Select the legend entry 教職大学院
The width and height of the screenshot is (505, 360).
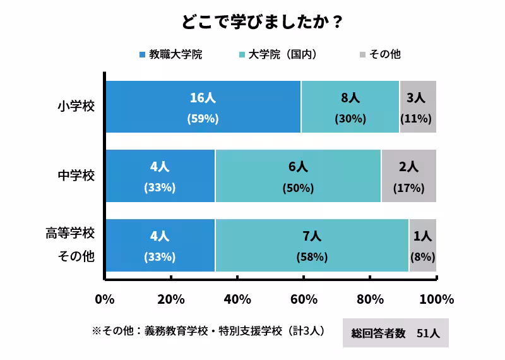[170, 54]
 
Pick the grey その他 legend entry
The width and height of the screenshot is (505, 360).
[379, 54]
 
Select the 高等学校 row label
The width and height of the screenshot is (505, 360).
[69, 234]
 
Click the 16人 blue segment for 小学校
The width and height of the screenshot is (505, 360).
[203, 106]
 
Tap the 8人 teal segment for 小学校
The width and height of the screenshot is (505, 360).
[350, 106]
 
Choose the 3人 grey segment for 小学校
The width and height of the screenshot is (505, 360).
[417, 106]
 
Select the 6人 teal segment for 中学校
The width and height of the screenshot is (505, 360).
[298, 176]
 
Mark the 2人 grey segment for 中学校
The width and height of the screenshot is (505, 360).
[408, 176]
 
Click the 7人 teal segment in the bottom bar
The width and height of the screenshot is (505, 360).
[312, 245]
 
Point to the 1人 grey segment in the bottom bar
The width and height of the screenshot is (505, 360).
[422, 245]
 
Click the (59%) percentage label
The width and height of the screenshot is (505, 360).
[203, 119]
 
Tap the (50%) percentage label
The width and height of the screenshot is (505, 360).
[298, 188]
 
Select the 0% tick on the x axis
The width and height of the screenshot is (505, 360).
[104, 299]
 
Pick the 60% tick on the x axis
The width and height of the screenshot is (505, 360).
[303, 299]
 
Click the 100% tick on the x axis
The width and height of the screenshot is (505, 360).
[436, 299]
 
